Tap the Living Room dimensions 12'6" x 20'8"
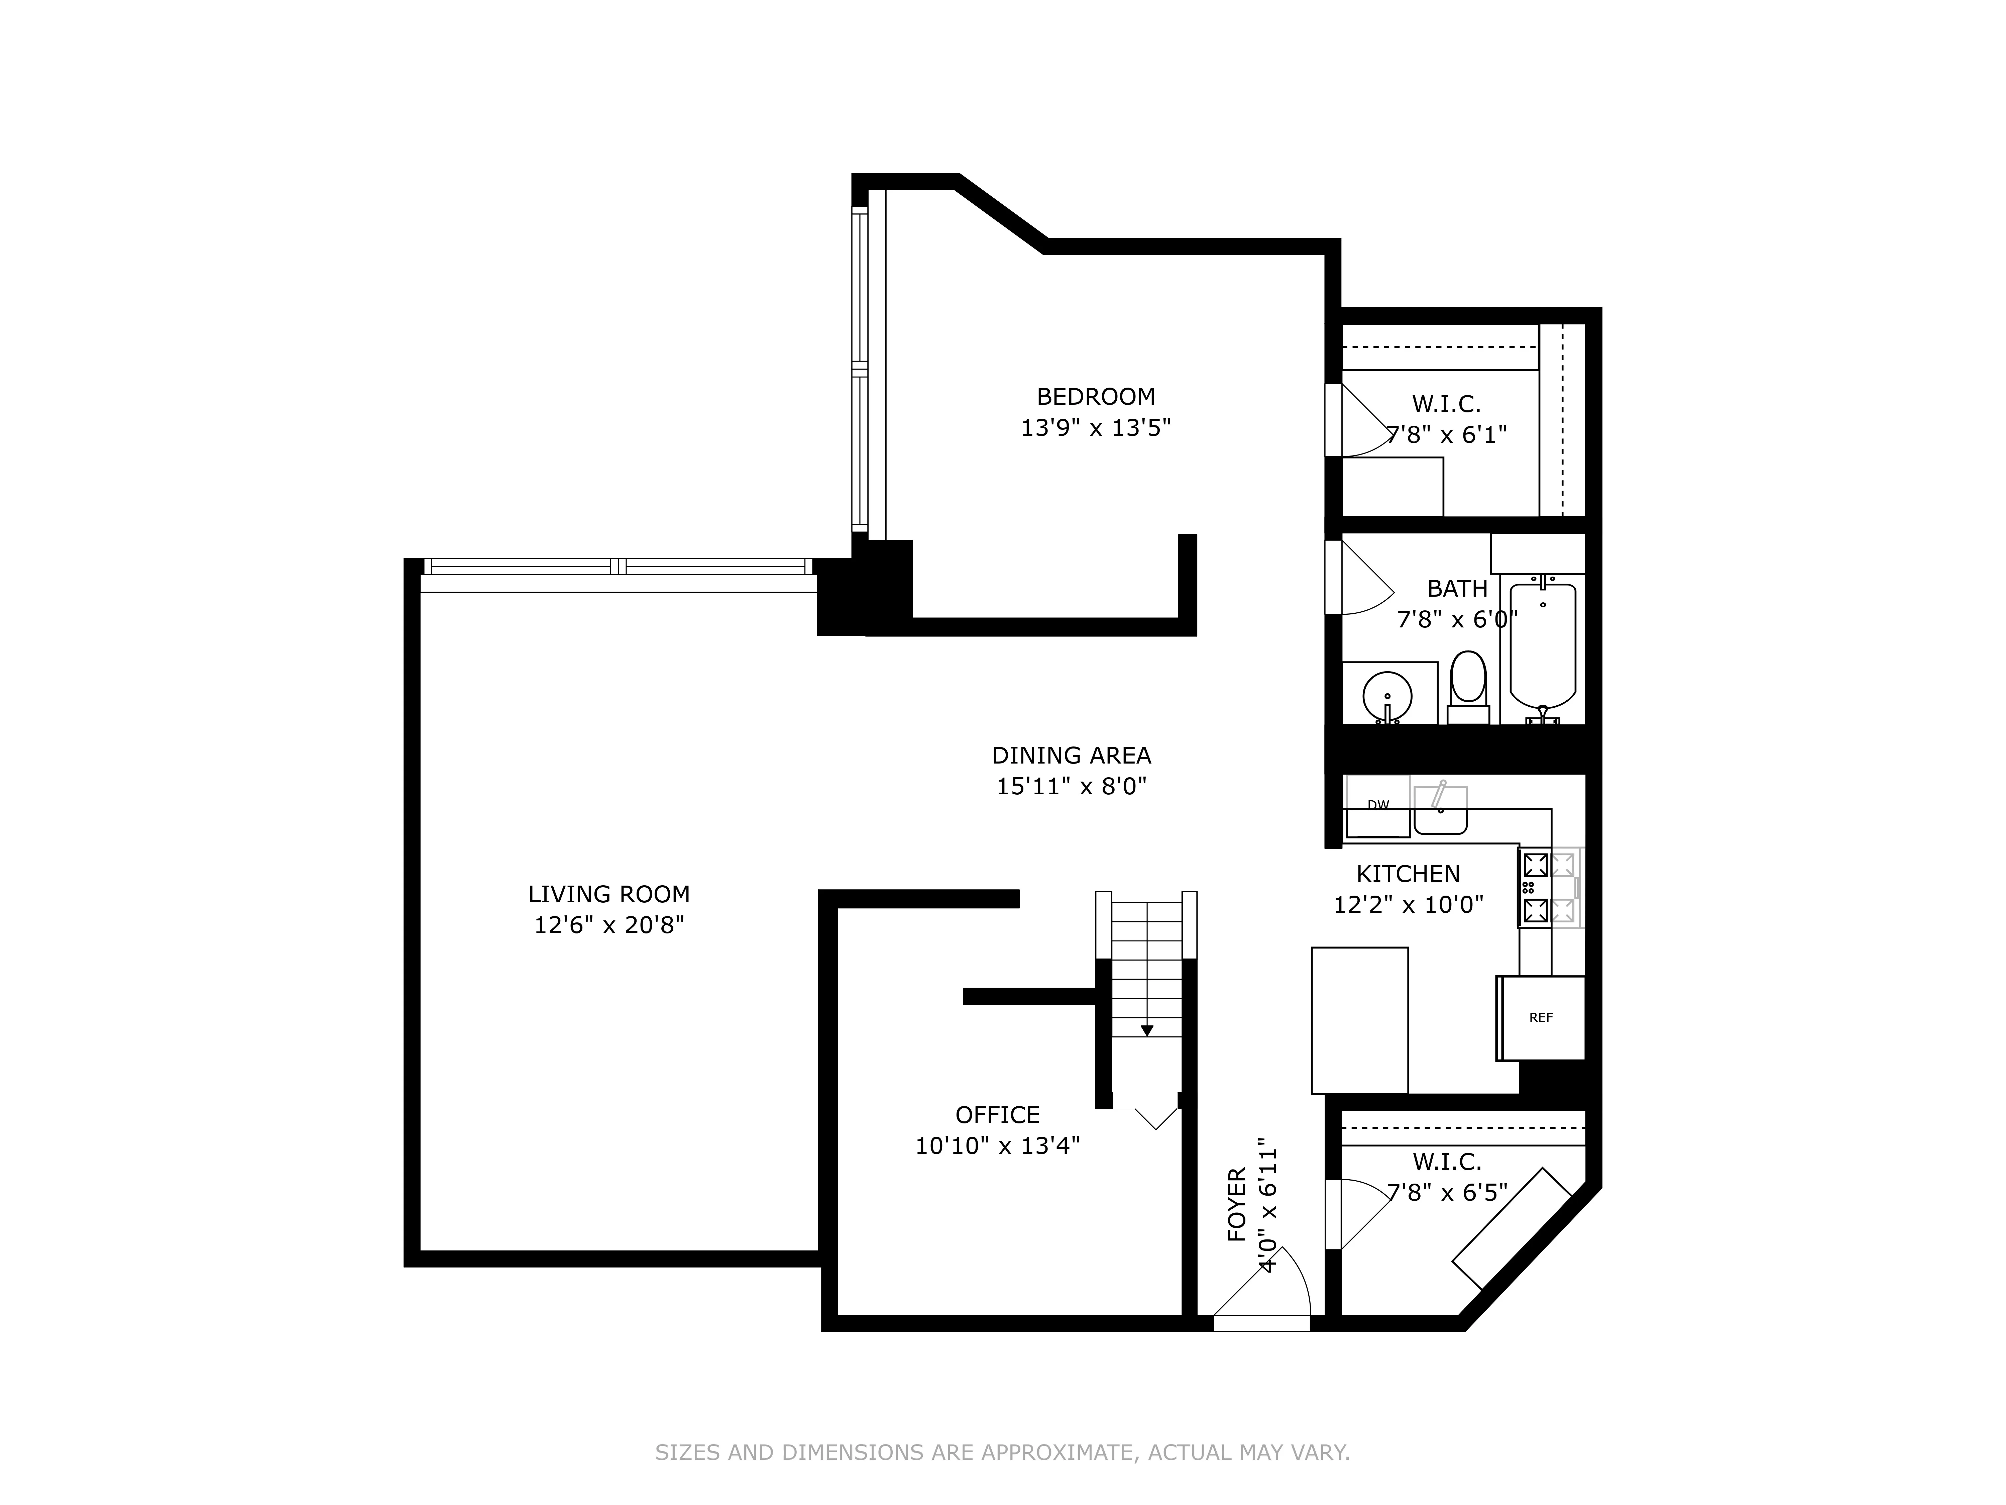(x=608, y=925)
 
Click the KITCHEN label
(x=1408, y=874)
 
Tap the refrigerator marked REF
(x=1541, y=1018)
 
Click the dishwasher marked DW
(x=1377, y=806)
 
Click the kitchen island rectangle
(x=1359, y=1020)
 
